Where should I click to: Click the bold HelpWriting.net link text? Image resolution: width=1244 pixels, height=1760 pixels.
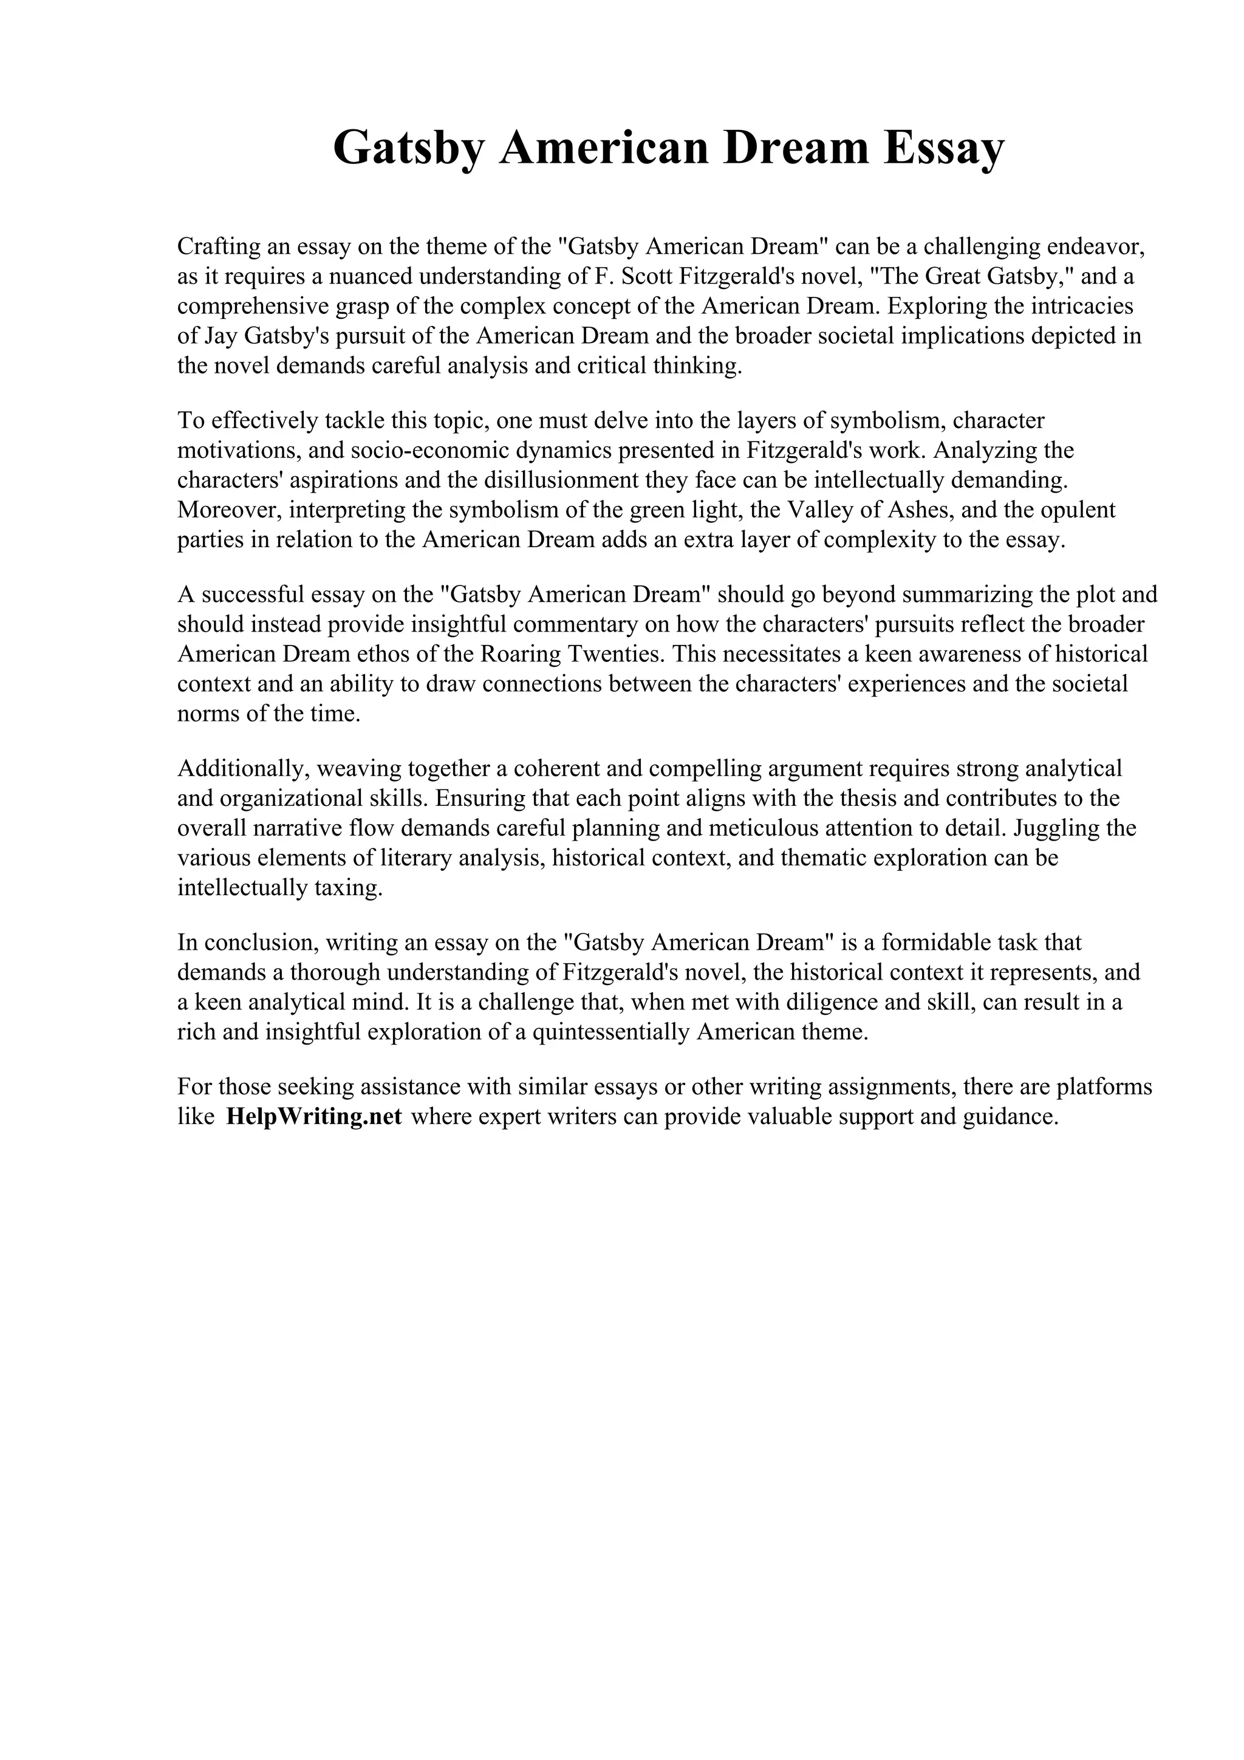[x=314, y=1117]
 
